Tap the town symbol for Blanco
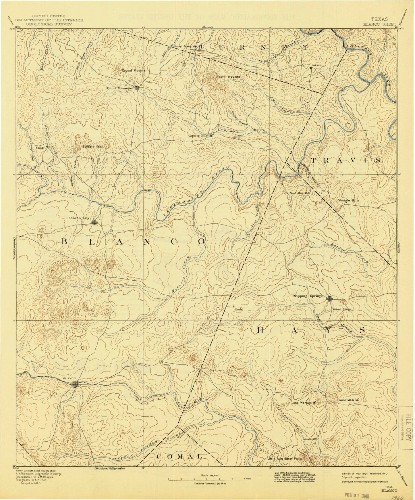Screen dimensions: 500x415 pos(75,384)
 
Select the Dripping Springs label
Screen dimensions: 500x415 pos(308,296)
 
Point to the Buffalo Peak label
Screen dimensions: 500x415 pos(92,147)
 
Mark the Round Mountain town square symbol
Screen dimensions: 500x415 pos(137,88)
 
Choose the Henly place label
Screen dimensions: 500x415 pos(239,310)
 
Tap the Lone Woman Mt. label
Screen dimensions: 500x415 pos(304,403)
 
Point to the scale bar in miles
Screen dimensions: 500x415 pos(206,479)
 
